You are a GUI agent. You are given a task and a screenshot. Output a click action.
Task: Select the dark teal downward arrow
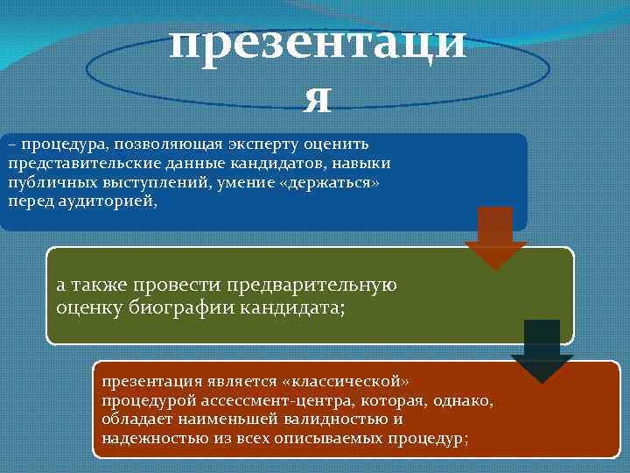[x=542, y=350]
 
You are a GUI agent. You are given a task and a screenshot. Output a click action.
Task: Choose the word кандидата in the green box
[x=280, y=307]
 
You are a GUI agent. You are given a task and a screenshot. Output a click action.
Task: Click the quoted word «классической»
[x=345, y=382]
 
